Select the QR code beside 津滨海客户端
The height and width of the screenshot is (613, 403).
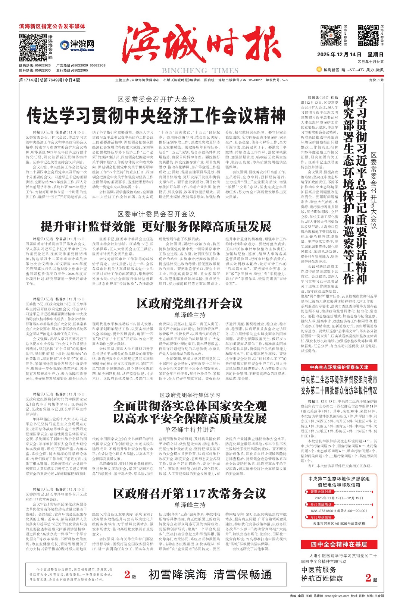[x=33, y=47]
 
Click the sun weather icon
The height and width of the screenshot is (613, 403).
[x=319, y=69]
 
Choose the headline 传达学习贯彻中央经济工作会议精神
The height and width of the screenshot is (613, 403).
[x=156, y=116]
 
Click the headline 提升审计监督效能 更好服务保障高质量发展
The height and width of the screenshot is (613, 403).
[x=156, y=226]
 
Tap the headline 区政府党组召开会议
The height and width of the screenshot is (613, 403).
[x=190, y=303]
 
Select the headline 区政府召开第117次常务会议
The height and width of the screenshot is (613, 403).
[x=190, y=494]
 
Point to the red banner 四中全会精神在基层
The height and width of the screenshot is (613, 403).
[x=339, y=544]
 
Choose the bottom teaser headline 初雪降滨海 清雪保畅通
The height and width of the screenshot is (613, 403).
[x=210, y=575]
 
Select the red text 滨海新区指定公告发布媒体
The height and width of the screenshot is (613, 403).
[x=52, y=26]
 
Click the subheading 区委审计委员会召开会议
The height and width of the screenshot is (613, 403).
[x=156, y=214]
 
